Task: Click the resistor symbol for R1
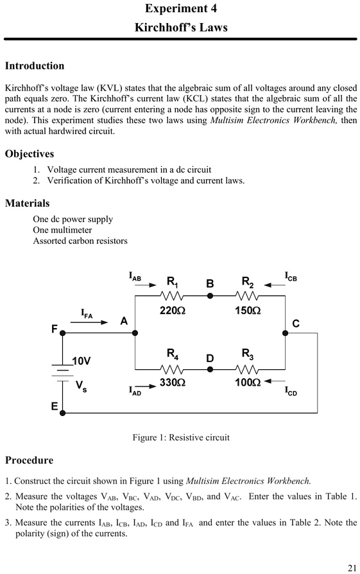tap(172, 296)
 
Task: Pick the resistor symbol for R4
tap(172, 369)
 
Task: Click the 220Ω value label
tap(172, 310)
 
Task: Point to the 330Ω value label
tap(172, 383)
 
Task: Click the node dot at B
tap(210, 296)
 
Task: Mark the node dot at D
tap(210, 369)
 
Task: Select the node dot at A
tap(135, 333)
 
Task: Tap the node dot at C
tap(285, 333)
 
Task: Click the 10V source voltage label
tap(81, 361)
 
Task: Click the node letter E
tap(55, 406)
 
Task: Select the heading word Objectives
tap(30, 154)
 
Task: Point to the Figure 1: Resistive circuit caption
tap(181, 438)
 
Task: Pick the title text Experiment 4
tap(180, 9)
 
